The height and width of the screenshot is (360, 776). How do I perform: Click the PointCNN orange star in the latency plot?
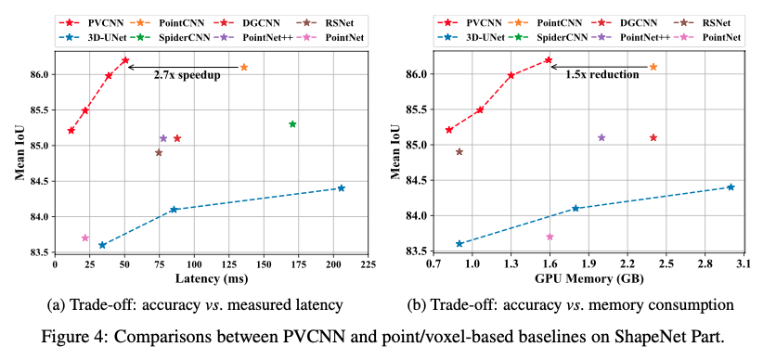tap(244, 67)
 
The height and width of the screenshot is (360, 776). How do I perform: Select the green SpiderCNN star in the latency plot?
tap(292, 123)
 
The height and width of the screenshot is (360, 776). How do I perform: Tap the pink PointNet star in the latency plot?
tap(85, 238)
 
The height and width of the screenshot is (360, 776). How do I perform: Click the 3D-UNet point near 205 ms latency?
tap(341, 188)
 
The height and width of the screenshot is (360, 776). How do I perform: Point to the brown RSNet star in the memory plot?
tap(459, 151)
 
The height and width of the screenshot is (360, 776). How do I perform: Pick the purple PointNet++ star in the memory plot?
tap(601, 137)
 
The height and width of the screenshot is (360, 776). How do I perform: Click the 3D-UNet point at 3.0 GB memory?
tap(731, 187)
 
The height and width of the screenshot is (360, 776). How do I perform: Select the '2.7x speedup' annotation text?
tap(188, 75)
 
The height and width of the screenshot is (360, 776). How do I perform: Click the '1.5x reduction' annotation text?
tap(602, 75)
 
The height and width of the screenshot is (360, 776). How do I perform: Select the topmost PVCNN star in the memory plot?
tap(549, 60)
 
